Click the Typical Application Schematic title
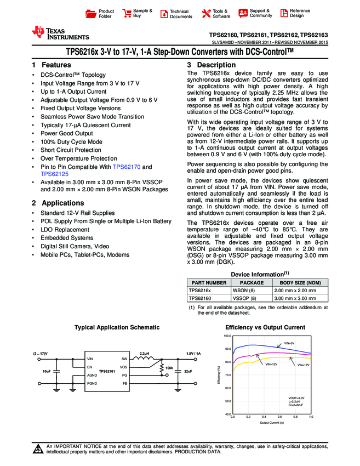117,327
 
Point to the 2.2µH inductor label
145,353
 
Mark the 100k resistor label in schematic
169,367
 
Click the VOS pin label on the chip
124,367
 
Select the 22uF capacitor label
188,372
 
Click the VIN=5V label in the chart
289,344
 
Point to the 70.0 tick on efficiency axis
227,376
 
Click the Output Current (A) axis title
271,423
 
